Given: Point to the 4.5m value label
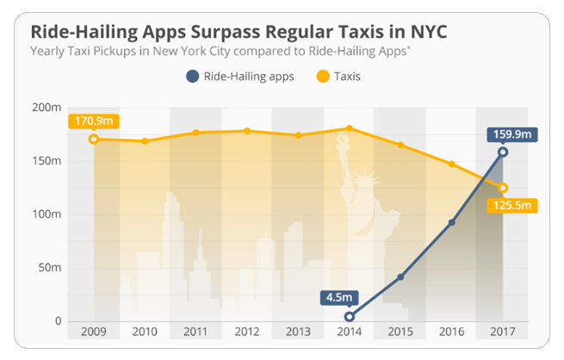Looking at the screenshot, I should coord(338,297).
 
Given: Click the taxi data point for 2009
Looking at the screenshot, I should coord(94,139).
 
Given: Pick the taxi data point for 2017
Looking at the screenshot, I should coord(503,188).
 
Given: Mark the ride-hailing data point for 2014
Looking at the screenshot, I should coord(350,317).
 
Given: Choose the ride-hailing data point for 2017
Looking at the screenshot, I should coord(503,152).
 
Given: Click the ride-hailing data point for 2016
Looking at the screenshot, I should coord(452,222).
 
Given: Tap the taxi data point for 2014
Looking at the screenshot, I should coord(350,128).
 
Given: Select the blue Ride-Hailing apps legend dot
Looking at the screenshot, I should coord(191,77).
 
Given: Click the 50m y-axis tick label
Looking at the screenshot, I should coord(51,268).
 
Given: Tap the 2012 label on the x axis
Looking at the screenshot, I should coord(247,332).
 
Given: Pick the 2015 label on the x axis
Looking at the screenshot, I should coord(400,332).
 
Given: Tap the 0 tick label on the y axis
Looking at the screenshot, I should coord(59,321).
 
